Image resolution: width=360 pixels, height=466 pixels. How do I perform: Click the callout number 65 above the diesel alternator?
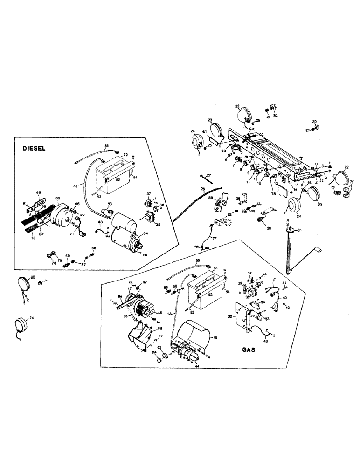[x=58, y=198]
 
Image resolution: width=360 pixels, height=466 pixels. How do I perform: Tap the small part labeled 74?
[x=41, y=281]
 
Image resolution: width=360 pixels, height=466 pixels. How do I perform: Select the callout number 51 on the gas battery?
[x=215, y=268]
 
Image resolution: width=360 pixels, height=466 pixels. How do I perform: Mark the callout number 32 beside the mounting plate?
[x=229, y=317]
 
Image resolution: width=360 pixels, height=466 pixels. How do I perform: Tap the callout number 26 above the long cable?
[x=203, y=189]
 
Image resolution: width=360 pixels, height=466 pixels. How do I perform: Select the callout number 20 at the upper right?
[x=314, y=121]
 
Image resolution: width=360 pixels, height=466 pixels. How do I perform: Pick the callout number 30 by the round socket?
[x=268, y=228]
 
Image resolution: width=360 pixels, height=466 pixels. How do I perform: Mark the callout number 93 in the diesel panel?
[x=110, y=205]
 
